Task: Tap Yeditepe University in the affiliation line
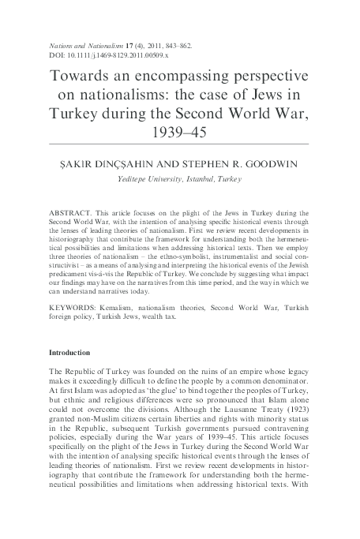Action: click(150, 179)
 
